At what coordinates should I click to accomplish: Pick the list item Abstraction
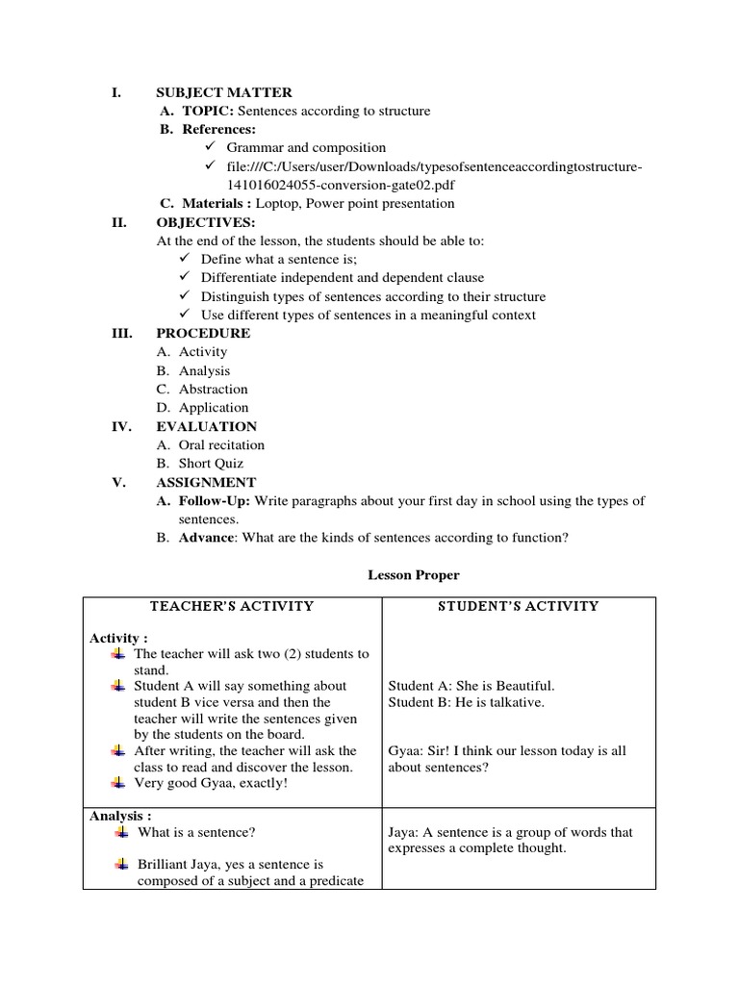pos(213,390)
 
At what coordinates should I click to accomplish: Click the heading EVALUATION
pos(206,426)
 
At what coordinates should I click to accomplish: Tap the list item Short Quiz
pos(211,464)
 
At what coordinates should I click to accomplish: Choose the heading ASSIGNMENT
pos(206,482)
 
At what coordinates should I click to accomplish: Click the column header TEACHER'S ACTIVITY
pos(232,606)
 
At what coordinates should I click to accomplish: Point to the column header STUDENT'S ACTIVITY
pos(519,606)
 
